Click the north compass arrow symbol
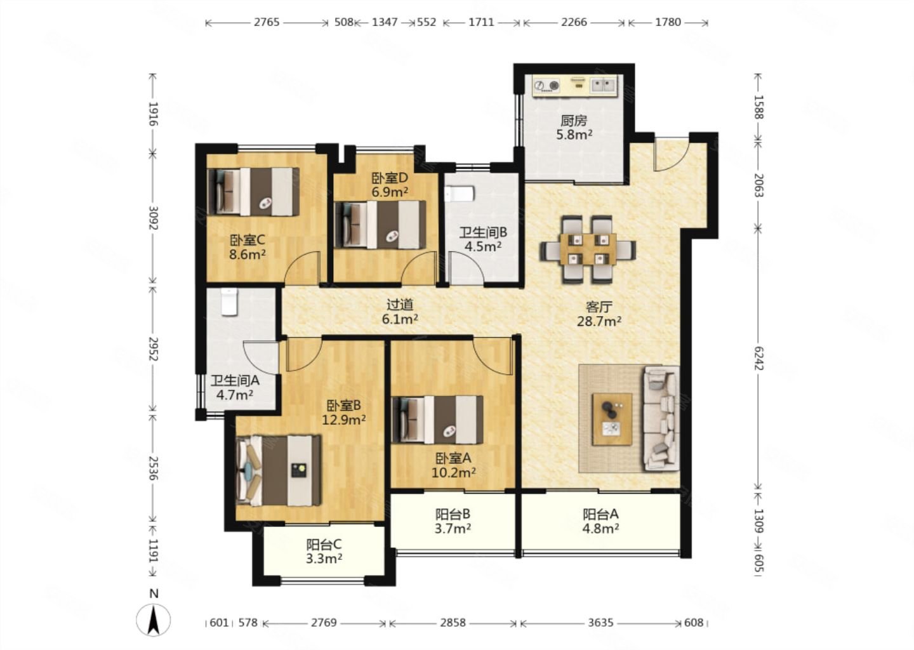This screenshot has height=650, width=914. click(154, 620)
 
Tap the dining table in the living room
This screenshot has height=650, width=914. click(588, 249)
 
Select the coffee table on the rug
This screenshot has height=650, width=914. click(612, 419)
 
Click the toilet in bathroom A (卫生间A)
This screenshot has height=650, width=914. click(229, 302)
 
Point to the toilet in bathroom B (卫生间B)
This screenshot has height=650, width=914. click(459, 194)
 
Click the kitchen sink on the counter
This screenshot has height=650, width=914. click(604, 85)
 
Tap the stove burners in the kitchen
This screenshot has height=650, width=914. click(546, 86)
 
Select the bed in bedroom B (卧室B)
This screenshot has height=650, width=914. click(279, 470)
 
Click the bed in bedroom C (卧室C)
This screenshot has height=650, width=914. click(253, 192)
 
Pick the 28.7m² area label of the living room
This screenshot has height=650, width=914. click(599, 322)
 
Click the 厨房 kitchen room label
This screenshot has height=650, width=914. click(574, 121)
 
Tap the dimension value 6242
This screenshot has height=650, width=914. click(758, 358)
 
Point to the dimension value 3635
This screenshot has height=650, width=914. click(600, 623)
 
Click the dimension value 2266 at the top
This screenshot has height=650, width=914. click(574, 22)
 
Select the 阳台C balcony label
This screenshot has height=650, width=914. click(324, 545)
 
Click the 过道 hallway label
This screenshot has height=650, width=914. click(400, 305)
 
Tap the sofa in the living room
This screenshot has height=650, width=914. click(661, 419)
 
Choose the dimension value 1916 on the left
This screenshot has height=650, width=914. click(153, 114)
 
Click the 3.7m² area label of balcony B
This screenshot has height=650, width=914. click(453, 529)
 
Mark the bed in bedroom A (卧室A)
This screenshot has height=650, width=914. click(437, 420)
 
